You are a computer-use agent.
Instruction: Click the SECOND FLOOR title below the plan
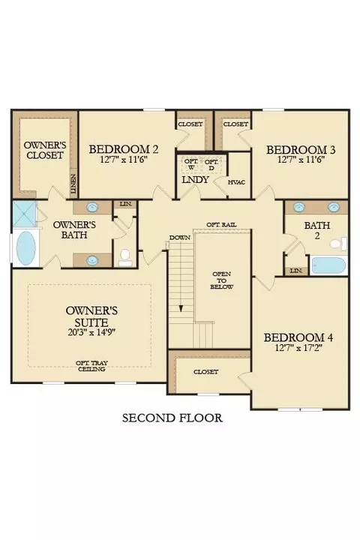[x=172, y=418]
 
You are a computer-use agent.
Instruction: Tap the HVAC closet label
[x=237, y=182]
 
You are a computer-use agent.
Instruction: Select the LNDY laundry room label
[x=195, y=179]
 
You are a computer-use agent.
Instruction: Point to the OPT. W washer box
[x=191, y=164]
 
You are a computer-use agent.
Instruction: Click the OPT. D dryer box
[x=211, y=164]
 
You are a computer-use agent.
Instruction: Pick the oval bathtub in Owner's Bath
[x=25, y=248]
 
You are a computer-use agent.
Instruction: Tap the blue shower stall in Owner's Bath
[x=25, y=214]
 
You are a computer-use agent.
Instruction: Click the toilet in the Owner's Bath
[x=124, y=258]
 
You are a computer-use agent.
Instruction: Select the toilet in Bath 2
[x=338, y=244]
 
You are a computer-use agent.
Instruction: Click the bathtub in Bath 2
[x=328, y=265]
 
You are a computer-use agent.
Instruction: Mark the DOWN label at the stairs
[x=180, y=238]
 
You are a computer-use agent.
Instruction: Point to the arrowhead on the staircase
[x=181, y=308]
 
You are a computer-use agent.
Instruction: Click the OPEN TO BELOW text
[x=222, y=280]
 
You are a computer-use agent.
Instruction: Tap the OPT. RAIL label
[x=221, y=224]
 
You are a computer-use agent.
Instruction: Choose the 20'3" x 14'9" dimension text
[x=91, y=332]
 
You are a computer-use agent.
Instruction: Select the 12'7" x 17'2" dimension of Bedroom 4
[x=298, y=348]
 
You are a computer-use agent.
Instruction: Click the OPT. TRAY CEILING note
[x=91, y=366]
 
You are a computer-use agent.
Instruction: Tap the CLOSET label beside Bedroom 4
[x=205, y=372]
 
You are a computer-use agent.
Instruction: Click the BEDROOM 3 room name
[x=301, y=150]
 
